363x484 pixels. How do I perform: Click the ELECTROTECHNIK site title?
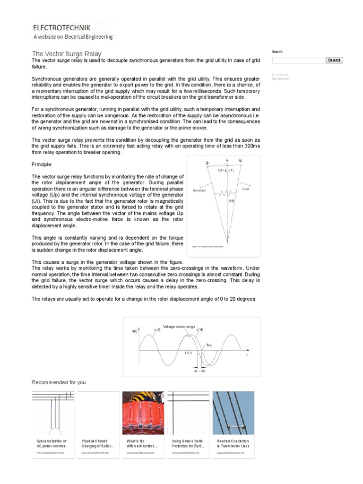pos(60,28)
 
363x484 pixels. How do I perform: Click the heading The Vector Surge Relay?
pos(66,54)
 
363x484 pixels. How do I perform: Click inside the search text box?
pos(298,60)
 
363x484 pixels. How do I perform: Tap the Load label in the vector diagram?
pos(245,189)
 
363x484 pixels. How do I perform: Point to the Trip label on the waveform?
pos(209,346)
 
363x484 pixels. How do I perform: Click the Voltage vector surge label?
pos(179,327)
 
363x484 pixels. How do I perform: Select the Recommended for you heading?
pos(59,382)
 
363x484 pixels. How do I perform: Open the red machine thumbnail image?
pos(143,413)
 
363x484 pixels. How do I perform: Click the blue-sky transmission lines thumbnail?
pos(233,413)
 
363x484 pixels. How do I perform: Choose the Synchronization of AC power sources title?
pos(52,443)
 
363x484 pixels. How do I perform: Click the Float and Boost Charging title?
pos(97,443)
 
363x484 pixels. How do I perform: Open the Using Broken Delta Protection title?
pos(188,443)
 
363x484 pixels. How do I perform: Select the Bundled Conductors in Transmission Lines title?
pos(233,443)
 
